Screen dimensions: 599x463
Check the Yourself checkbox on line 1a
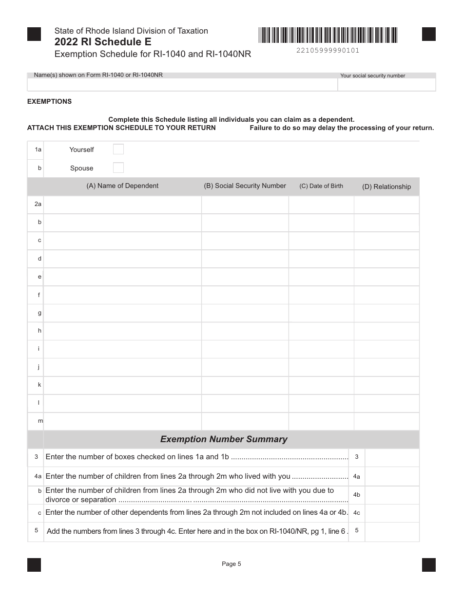click(x=118, y=150)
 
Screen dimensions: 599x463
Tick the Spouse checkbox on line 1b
click(x=118, y=168)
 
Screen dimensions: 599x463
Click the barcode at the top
click(x=328, y=36)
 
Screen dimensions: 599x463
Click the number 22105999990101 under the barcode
click(x=328, y=51)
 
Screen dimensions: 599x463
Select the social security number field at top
click(x=386, y=85)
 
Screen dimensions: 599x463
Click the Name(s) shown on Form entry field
click(x=182, y=85)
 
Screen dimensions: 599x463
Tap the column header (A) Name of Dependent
click(x=122, y=186)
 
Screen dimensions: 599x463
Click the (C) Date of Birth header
click(x=321, y=186)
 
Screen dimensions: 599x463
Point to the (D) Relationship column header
click(x=386, y=187)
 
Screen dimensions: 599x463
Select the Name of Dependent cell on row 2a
click(x=122, y=205)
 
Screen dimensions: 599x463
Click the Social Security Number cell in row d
click(x=245, y=259)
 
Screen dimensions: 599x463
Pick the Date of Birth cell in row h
click(x=321, y=331)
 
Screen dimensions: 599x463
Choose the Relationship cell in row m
click(x=386, y=421)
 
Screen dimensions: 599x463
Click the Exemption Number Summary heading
click(x=224, y=439)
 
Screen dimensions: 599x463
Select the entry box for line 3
click(x=392, y=457)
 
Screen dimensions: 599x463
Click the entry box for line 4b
click(x=392, y=495)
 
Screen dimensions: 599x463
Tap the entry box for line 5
click(x=392, y=531)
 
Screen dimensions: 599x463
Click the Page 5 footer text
click(x=231, y=564)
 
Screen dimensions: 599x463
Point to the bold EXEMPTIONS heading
click(x=49, y=102)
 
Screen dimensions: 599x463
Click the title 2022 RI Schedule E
click(x=103, y=42)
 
